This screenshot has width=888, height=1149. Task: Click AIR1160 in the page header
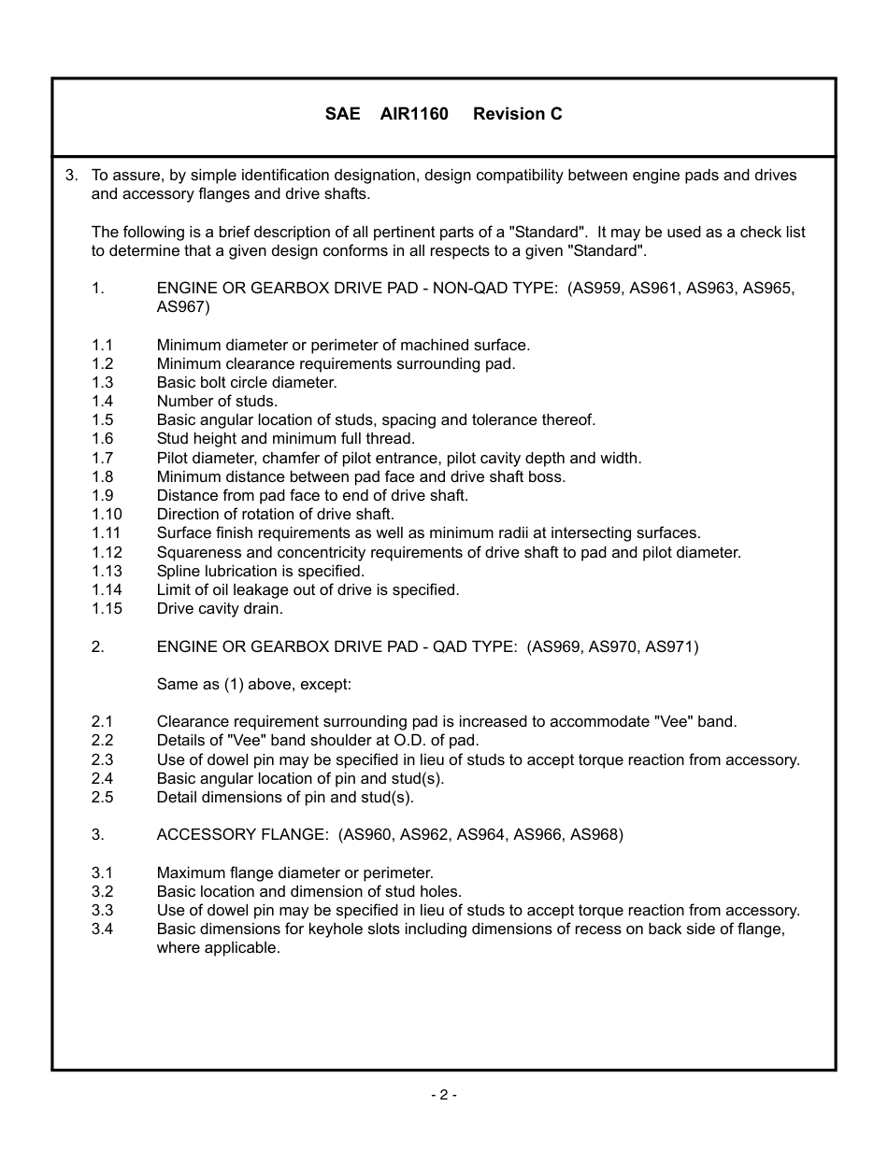coord(414,114)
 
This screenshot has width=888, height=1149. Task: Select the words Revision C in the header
coord(518,114)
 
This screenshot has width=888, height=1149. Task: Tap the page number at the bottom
coord(444,1095)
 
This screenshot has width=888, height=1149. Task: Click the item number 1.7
coord(102,458)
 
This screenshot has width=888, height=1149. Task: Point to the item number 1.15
coord(107,608)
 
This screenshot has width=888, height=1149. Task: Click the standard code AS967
coord(183,306)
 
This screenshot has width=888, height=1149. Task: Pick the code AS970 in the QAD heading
coord(614,646)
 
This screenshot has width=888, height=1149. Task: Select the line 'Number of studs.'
coord(217,401)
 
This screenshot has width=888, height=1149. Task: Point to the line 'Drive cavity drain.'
coord(220,608)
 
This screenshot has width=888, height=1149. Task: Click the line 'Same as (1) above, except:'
coord(253,684)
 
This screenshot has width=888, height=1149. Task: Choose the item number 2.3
coord(102,759)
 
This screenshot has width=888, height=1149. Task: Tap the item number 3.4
coord(102,929)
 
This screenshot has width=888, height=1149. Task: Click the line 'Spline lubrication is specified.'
coord(261,571)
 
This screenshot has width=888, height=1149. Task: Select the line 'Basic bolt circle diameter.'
coord(247,382)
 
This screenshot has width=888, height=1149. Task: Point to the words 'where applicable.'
coord(218,947)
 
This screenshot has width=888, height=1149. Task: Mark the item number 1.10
coord(107,514)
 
